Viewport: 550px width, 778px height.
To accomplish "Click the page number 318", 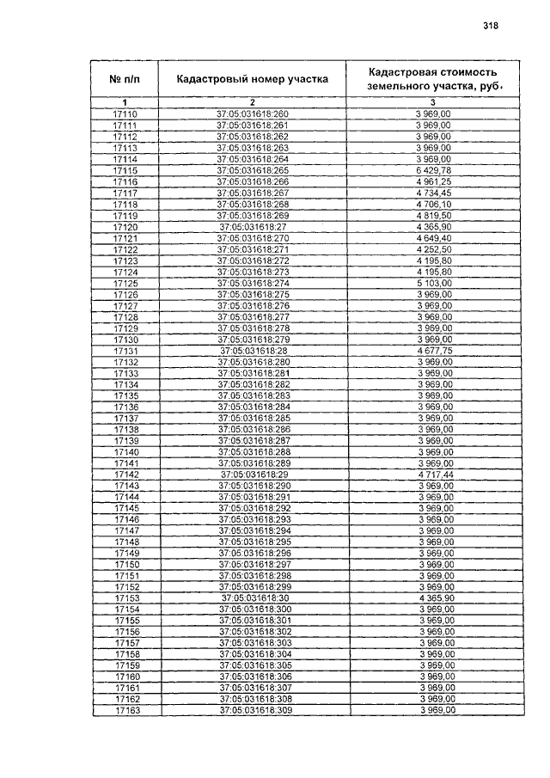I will click(491, 26).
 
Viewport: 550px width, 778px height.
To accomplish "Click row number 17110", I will click(125, 114).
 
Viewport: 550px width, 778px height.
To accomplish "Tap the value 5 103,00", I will click(434, 283).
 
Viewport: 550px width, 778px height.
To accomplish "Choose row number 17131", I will click(125, 351).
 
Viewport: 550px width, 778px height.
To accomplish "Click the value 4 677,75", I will click(434, 351).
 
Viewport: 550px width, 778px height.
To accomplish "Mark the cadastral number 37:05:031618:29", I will click(254, 474).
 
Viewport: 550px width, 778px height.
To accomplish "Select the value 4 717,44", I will click(435, 474).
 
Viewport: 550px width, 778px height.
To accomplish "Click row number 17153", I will click(126, 597).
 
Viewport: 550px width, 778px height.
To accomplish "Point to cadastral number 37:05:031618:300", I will click(255, 609).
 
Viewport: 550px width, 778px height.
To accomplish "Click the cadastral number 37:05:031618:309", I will click(256, 710).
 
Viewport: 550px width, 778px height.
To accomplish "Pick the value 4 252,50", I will click(433, 249).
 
